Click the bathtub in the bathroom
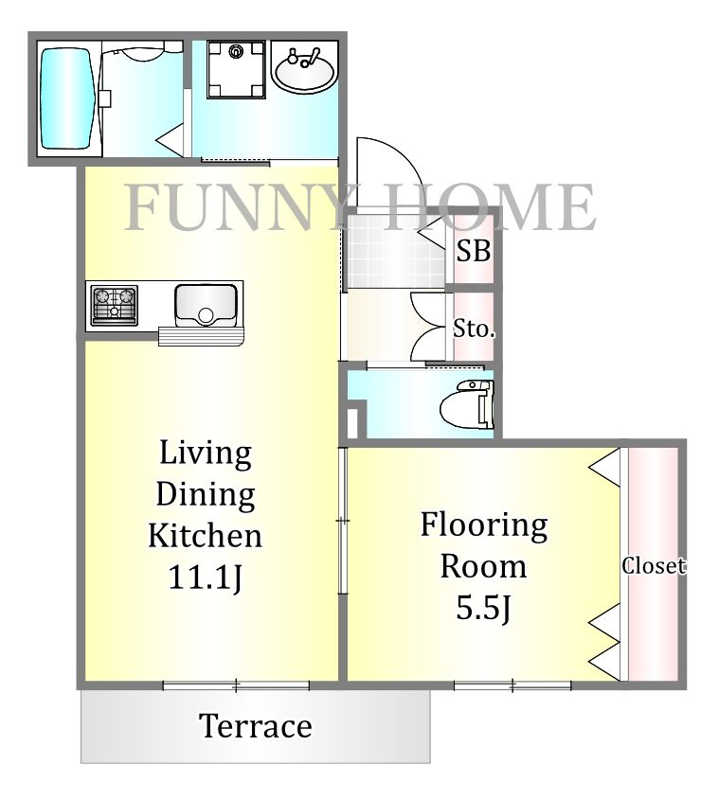[68, 99]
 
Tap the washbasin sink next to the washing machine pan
[303, 69]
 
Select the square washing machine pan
[237, 69]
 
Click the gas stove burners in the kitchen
[114, 305]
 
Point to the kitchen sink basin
[206, 305]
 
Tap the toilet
[467, 404]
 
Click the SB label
[474, 251]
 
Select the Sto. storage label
[475, 329]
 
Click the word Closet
[654, 565]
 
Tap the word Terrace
[256, 726]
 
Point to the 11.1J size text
[205, 578]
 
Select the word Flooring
[484, 526]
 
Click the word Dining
[206, 494]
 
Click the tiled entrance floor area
[396, 251]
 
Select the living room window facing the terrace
[237, 685]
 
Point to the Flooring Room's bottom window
[512, 685]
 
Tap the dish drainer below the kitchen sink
[202, 337]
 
